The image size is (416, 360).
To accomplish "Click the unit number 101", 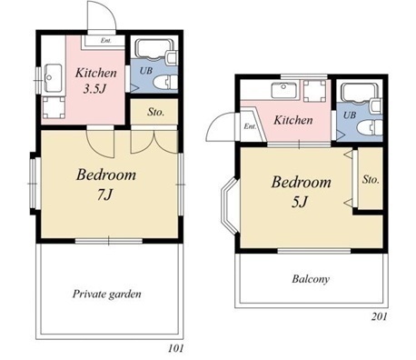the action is click(176, 348).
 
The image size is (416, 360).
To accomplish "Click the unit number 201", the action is click(380, 316).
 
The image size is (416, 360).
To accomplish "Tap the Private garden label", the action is click(106, 294).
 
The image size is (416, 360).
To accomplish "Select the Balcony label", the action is click(311, 279).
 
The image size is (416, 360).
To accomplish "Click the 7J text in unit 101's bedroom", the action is click(105, 195).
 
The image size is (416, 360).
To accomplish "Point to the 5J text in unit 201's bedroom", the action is click(300, 202).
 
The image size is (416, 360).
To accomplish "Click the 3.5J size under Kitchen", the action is click(95, 89).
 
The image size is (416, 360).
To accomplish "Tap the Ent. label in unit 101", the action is click(106, 40).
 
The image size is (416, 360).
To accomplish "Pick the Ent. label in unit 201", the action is click(250, 126).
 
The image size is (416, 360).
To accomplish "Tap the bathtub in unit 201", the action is click(360, 92).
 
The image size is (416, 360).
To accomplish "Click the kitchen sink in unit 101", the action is click(53, 78).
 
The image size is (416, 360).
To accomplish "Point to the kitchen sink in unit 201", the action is click(283, 90).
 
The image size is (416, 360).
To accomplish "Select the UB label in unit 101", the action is click(146, 71).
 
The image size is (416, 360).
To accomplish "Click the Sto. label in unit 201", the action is click(371, 179).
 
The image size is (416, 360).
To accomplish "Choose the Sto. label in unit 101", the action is click(156, 112).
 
